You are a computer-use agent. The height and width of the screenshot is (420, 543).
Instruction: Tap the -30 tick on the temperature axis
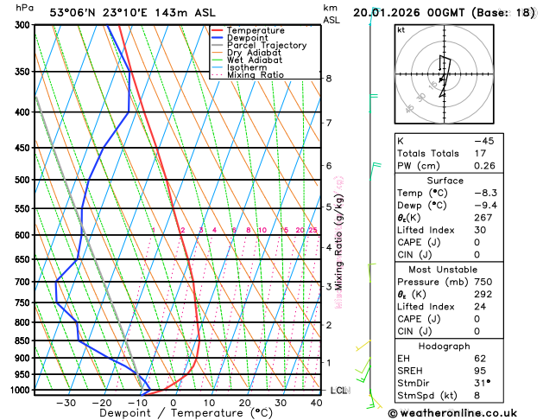coord(66,402)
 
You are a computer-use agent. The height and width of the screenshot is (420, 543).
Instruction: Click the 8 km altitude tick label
coord(329,79)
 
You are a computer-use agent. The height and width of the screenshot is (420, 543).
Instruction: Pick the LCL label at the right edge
coord(339,391)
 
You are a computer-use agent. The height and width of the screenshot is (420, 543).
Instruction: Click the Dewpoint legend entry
coord(259,38)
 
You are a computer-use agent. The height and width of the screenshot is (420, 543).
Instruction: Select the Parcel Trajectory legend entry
coord(271,46)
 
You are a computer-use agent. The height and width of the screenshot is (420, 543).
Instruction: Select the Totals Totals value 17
coord(507,153)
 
